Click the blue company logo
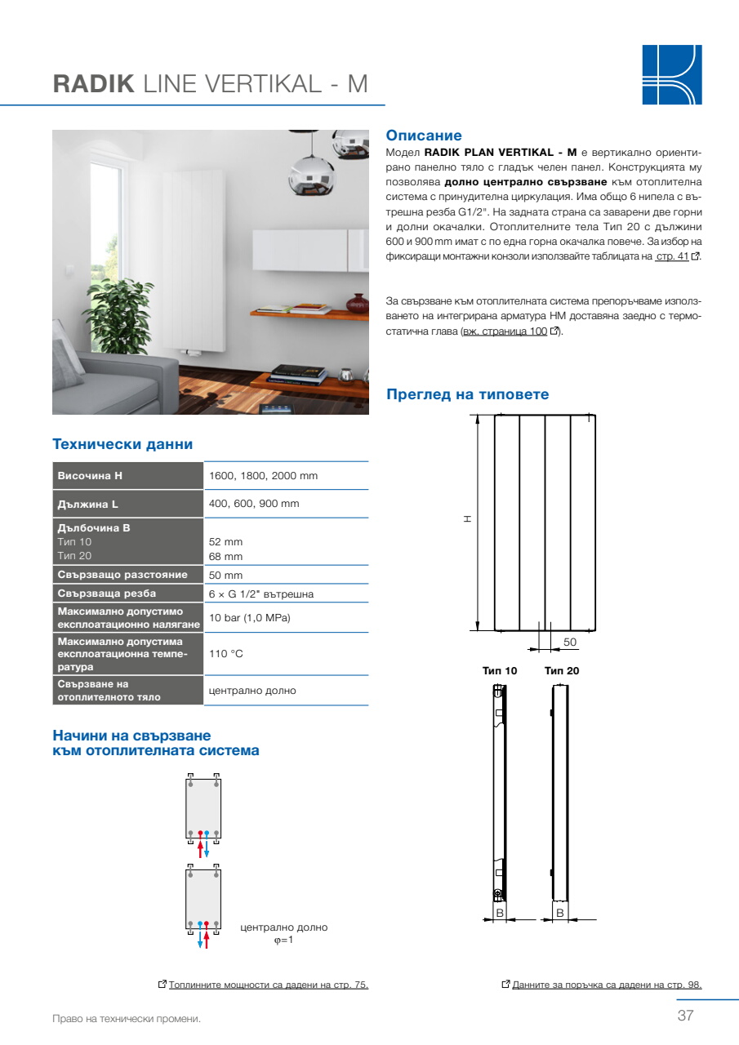(x=671, y=74)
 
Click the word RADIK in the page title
(x=93, y=84)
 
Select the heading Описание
(x=424, y=136)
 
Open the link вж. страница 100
(x=504, y=331)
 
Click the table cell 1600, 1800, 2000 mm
(x=263, y=476)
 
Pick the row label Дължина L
(x=88, y=504)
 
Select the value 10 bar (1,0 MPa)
(x=250, y=618)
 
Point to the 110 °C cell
(x=226, y=654)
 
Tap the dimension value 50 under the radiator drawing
(x=570, y=643)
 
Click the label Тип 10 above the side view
(x=500, y=670)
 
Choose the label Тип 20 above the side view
(x=562, y=670)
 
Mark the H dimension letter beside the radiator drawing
(x=467, y=518)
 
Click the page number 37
(x=685, y=1016)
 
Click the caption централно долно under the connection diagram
(x=284, y=927)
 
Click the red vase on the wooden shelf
(x=358, y=304)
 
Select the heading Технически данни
(x=122, y=444)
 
